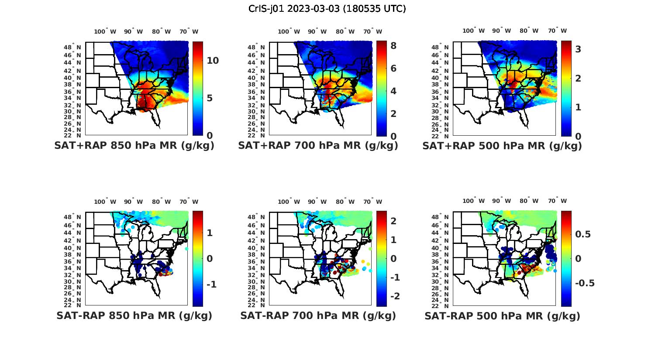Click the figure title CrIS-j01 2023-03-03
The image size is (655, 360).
[x=327, y=9]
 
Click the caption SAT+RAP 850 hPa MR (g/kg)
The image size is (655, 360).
[x=134, y=146]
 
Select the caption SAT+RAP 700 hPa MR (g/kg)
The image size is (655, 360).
[x=318, y=146]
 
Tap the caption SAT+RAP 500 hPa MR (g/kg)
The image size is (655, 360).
[x=502, y=146]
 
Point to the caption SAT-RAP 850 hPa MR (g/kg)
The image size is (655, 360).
[x=134, y=315]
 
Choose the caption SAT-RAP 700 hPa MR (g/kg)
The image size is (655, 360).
[x=318, y=315]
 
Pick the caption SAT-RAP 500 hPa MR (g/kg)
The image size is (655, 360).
[x=502, y=315]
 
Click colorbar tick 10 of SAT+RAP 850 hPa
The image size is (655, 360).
[x=213, y=61]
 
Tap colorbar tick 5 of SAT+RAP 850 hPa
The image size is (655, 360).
[x=210, y=98]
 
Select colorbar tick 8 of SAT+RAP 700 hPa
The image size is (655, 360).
[x=393, y=45]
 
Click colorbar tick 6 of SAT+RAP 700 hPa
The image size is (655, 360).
[x=393, y=68]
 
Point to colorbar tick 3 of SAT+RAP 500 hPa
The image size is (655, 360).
[x=578, y=49]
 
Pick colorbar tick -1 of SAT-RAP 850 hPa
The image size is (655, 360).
[x=211, y=285]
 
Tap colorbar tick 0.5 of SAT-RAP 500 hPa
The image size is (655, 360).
[x=583, y=234]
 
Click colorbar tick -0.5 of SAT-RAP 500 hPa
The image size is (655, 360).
[x=585, y=283]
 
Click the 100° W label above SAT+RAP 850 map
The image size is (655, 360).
[x=105, y=31]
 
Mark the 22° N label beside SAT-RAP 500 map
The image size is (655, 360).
[x=442, y=305]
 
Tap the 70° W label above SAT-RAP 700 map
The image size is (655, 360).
[x=372, y=202]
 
